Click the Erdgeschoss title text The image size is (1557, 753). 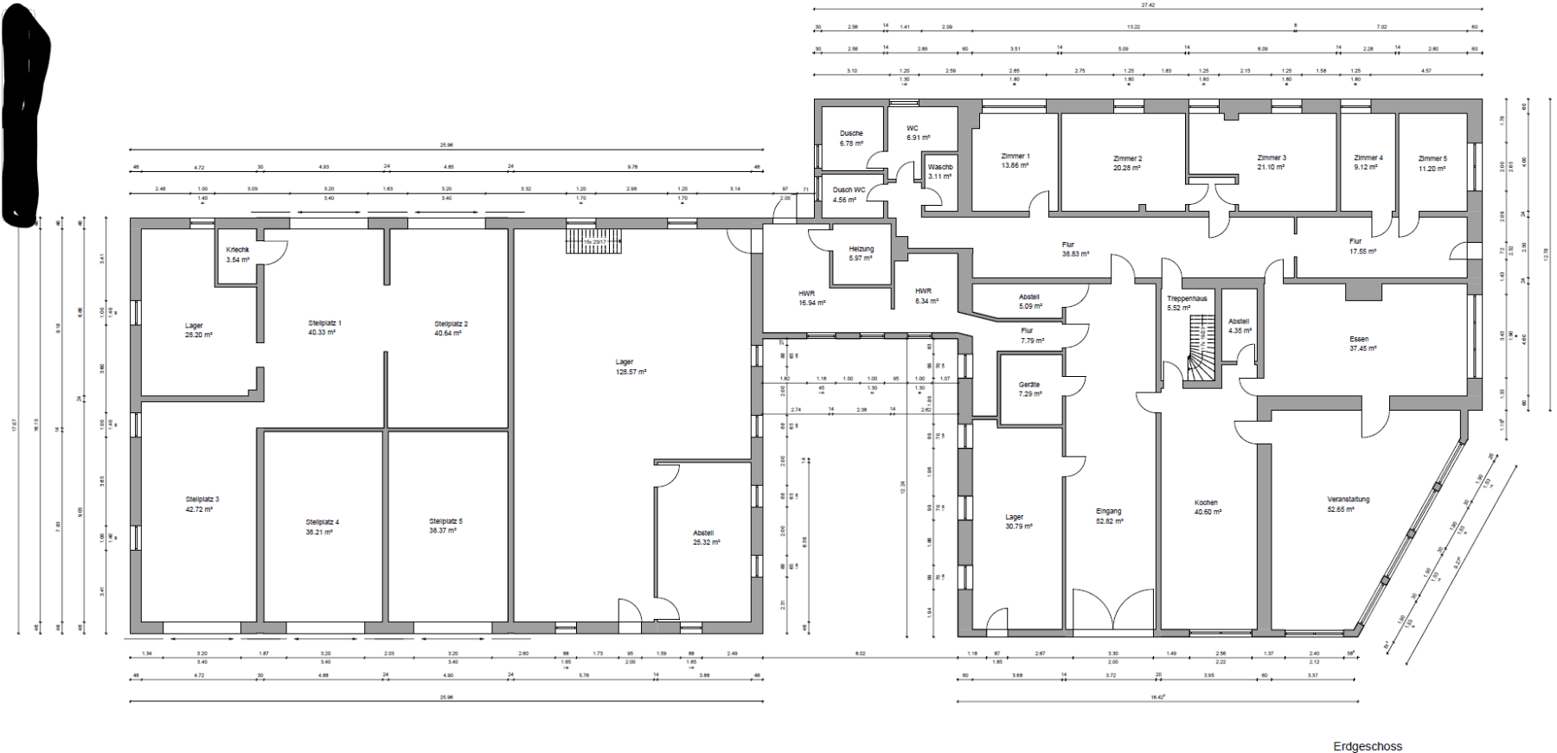pos(1368,746)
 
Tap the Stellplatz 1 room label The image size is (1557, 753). pos(324,323)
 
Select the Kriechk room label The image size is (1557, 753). pos(238,250)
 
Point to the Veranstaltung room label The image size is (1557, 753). pos(1348,499)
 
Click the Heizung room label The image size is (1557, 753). pos(861,249)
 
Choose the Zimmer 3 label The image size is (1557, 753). pos(1272,158)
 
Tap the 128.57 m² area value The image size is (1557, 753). pos(631,372)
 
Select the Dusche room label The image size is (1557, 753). pos(851,133)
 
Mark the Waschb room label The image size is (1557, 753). pos(939,167)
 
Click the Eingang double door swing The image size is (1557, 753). pos(1112,612)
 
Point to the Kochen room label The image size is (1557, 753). pos(1206,502)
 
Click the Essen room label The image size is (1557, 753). pos(1359,339)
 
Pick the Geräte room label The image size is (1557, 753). pos(1029,385)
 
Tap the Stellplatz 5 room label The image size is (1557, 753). pos(445,521)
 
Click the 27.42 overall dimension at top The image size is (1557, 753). pos(1148,5)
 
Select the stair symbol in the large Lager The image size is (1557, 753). pos(593,239)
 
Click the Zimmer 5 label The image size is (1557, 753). pos(1432,158)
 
